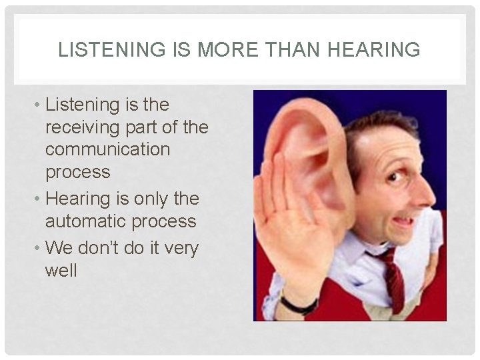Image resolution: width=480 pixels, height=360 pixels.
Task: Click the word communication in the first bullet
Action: click(108, 149)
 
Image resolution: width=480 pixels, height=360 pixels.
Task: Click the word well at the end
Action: click(61, 271)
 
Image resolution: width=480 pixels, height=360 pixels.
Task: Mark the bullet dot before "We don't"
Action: click(38, 249)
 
